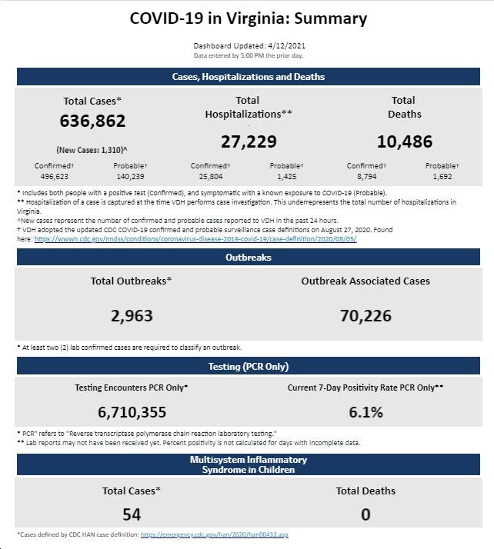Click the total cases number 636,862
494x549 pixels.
[92, 121]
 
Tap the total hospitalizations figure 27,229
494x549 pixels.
[249, 141]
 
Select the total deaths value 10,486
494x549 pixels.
[405, 141]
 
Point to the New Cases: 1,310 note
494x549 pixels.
[92, 150]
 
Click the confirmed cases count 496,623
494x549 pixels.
[55, 177]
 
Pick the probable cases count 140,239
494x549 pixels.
[130, 177]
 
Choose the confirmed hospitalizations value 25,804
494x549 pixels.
[211, 177]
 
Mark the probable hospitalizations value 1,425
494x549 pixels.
[286, 177]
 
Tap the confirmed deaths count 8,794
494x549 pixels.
[367, 177]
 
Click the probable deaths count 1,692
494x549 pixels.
[442, 177]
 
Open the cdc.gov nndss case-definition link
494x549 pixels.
[195, 239]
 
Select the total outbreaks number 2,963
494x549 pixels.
[132, 316]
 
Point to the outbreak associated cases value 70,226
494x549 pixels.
[365, 316]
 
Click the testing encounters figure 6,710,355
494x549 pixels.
[132, 412]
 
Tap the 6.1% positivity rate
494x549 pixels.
[365, 412]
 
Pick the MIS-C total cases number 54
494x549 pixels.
[132, 514]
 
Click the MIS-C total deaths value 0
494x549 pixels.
[365, 514]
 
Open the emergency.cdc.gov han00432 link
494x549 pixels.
[215, 534]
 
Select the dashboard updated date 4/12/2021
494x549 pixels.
[286, 46]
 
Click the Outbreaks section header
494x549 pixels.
[249, 258]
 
